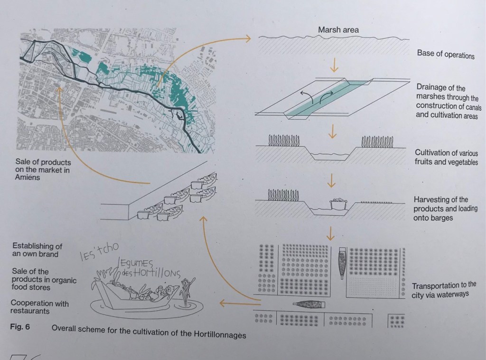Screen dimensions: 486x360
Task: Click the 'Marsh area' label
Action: click(338, 30)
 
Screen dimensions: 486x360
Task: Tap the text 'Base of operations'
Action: click(446, 54)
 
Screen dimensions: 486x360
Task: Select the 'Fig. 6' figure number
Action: click(20, 326)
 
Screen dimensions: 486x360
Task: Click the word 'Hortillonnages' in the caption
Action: click(220, 334)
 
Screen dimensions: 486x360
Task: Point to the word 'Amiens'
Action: click(27, 177)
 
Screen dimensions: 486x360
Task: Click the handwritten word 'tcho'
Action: click(109, 248)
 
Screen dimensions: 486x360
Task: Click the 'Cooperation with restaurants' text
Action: click(39, 307)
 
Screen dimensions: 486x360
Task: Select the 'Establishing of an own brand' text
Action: click(37, 250)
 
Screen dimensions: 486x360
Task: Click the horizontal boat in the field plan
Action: click(309, 305)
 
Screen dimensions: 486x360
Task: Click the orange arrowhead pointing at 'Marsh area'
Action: click(248, 38)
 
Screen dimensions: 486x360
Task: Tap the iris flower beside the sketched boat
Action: click(186, 292)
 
